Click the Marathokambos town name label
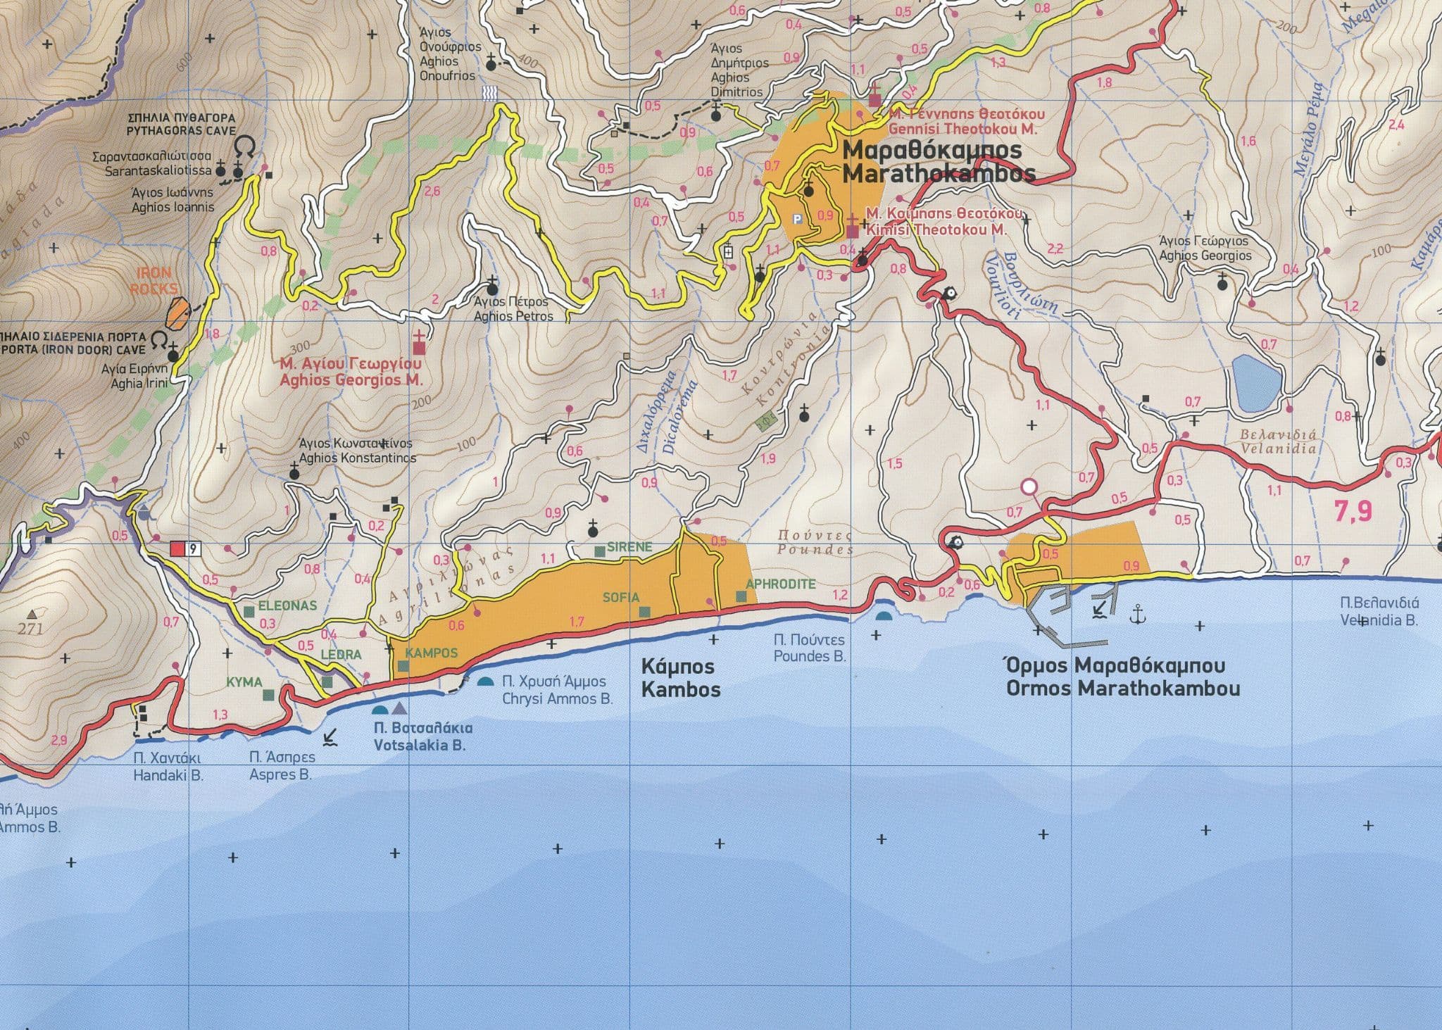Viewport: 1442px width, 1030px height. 938,162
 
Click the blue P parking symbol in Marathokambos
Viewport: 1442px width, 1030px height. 797,219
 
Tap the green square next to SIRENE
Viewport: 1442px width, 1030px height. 598,551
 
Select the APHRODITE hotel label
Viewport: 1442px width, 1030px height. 780,584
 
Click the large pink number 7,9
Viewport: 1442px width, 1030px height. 1353,512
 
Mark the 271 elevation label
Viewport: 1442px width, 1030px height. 30,628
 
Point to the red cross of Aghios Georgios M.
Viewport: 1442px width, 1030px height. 420,344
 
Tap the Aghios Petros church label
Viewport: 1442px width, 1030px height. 513,310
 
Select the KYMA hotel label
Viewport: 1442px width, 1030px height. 244,682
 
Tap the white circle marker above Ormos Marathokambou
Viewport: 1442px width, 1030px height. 1029,486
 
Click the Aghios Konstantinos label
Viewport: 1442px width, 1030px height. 357,451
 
